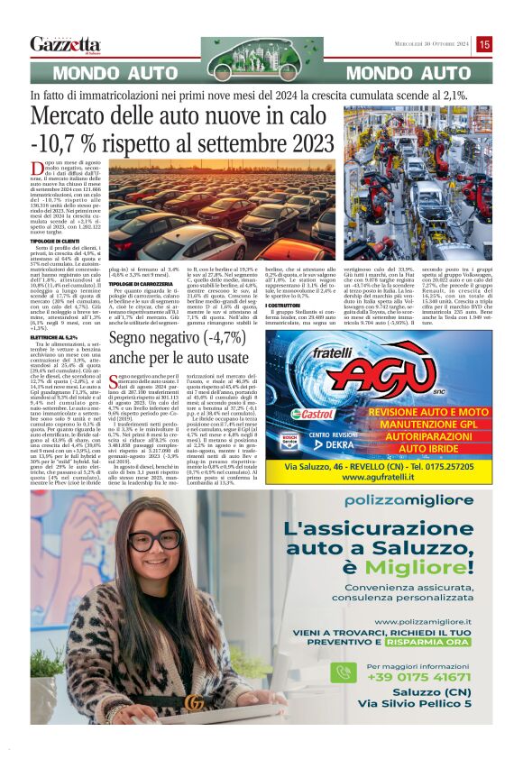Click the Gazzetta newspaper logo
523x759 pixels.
pos(65,44)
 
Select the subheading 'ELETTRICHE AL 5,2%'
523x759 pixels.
pos(79,336)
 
